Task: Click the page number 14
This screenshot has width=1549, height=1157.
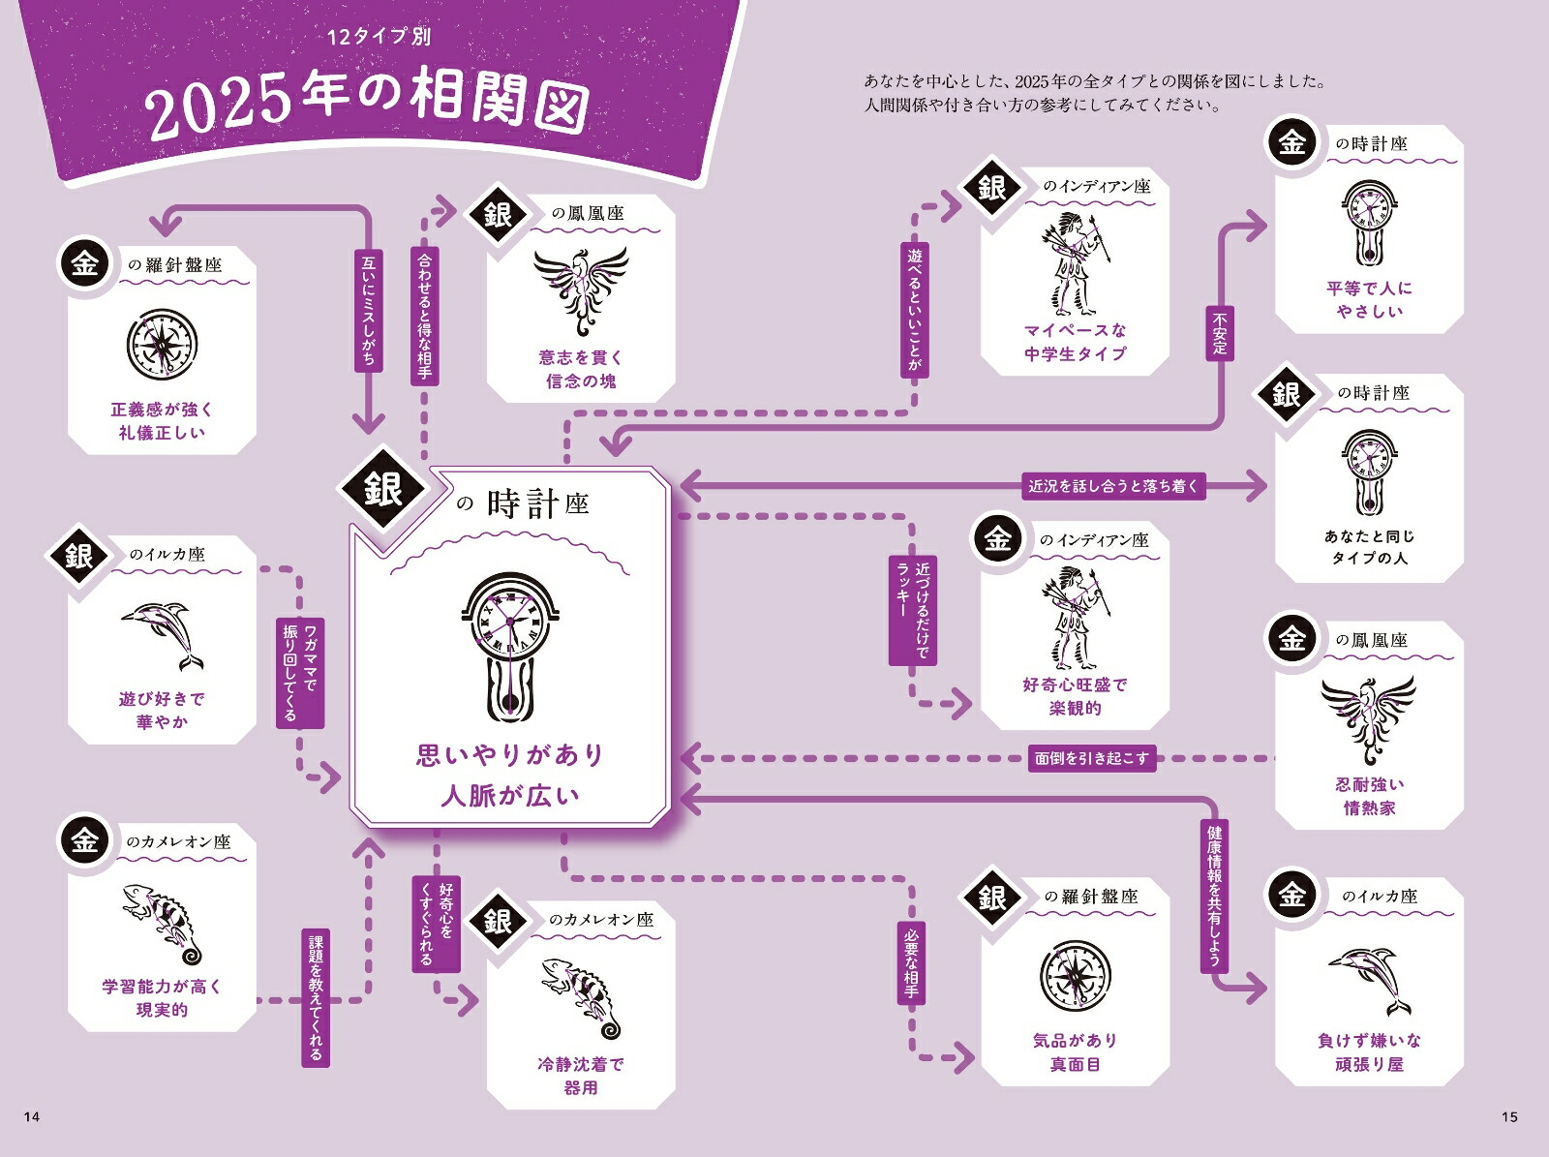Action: [x=32, y=1116]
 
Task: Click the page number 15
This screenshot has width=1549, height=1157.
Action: [x=1509, y=1116]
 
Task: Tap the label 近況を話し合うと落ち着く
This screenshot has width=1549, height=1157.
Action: [x=1113, y=486]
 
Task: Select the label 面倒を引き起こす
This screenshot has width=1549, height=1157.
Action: [x=1092, y=758]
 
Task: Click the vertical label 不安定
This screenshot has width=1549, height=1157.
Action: [x=1220, y=333]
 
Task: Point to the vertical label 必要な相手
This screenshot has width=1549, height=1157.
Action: [x=911, y=963]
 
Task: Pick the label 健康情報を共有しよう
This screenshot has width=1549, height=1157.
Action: [x=1214, y=897]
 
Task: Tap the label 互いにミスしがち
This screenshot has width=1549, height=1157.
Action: [x=369, y=311]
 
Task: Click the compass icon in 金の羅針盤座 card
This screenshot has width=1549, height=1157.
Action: [x=163, y=345]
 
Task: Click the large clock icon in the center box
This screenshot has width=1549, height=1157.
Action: [x=510, y=646]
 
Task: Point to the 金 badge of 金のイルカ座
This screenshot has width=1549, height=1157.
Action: [x=1292, y=896]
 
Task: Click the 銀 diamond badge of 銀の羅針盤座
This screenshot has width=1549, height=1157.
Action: [x=991, y=898]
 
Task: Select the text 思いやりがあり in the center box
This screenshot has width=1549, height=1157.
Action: [x=510, y=755]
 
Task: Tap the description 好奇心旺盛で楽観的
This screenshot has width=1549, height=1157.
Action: [x=1075, y=696]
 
